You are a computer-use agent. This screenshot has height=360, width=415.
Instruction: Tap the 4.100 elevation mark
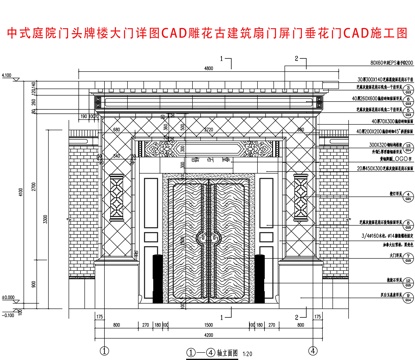pyautogui.click(x=8, y=75)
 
